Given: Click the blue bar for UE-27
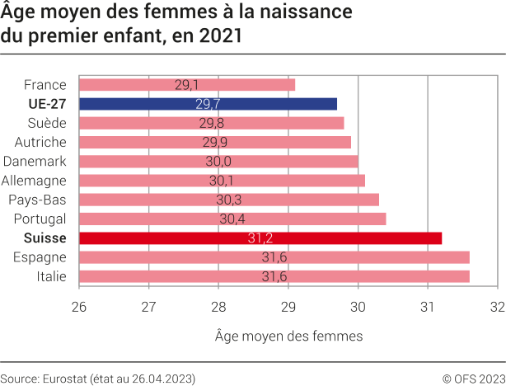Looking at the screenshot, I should coord(208,104).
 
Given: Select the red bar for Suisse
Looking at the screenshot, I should coord(260,238).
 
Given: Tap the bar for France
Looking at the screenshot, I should coord(187,84).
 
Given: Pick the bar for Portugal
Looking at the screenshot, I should coord(232,219).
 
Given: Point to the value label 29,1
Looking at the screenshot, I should coord(187,84).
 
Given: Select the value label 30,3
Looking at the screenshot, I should coord(229,200).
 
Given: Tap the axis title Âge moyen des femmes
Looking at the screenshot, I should coord(288,336).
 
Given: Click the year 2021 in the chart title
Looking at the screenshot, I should coord(222,36).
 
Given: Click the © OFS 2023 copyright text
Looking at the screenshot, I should coord(473,378).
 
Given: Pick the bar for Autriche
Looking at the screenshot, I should coord(215,142).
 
